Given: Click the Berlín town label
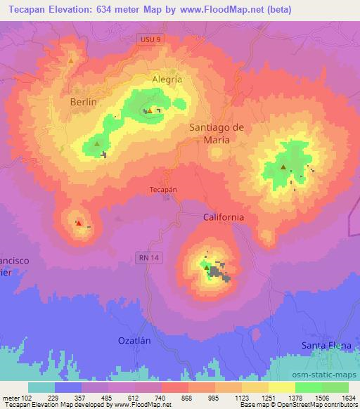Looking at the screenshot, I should [83, 101].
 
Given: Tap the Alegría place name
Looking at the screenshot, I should [167, 79].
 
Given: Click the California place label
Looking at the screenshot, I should [224, 217].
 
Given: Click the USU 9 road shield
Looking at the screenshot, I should [150, 41].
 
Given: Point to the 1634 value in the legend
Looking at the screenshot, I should [346, 397].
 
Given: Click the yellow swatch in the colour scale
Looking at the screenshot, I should [281, 387].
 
